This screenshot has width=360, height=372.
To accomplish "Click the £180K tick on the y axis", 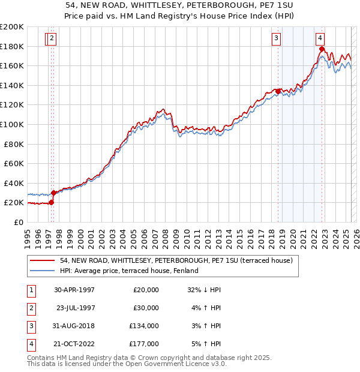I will pos(12,46).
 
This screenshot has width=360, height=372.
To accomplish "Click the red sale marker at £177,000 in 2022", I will pos(322,50).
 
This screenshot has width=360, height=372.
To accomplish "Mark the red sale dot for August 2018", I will pos(278,91).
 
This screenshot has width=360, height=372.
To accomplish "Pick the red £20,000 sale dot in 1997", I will pos(52,202).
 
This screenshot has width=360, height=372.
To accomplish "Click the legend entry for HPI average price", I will pos(133,271).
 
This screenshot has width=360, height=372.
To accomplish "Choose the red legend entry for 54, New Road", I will pos(176,260).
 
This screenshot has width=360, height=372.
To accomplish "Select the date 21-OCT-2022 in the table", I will pos(73,344).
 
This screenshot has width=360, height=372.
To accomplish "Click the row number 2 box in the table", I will pos(31,308).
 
